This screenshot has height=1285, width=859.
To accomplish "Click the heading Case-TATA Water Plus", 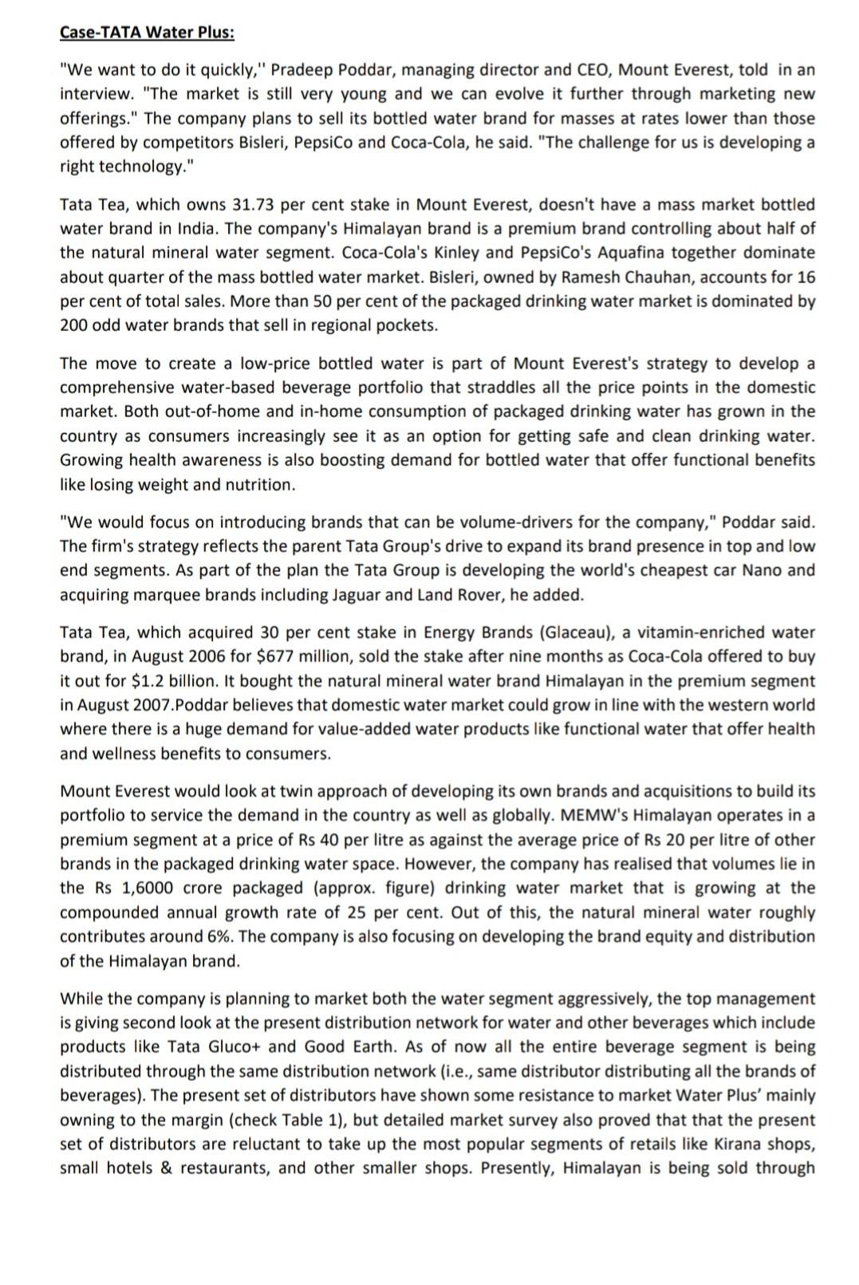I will [148, 33].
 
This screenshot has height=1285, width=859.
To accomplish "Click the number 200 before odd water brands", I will [74, 325].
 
